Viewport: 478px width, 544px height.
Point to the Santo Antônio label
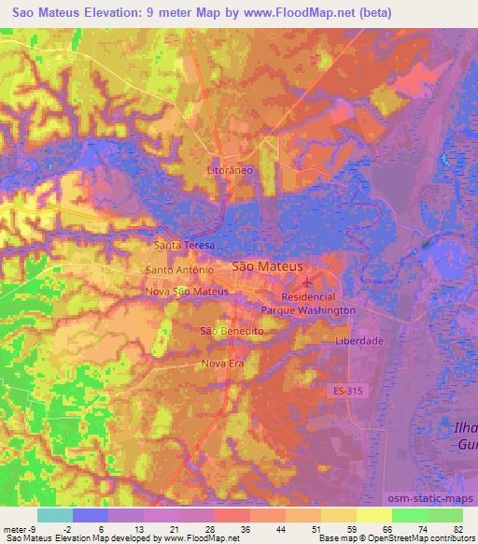pyautogui.click(x=180, y=270)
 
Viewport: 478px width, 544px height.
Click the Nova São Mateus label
pyautogui.click(x=187, y=292)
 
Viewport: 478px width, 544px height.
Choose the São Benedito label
pyautogui.click(x=232, y=332)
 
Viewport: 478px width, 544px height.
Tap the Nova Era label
pyautogui.click(x=222, y=364)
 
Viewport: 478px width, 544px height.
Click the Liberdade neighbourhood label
pyautogui.click(x=359, y=341)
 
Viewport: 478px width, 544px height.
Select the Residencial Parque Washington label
pyautogui.click(x=308, y=303)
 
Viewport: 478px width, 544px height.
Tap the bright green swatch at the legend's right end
pyautogui.click(x=444, y=514)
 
